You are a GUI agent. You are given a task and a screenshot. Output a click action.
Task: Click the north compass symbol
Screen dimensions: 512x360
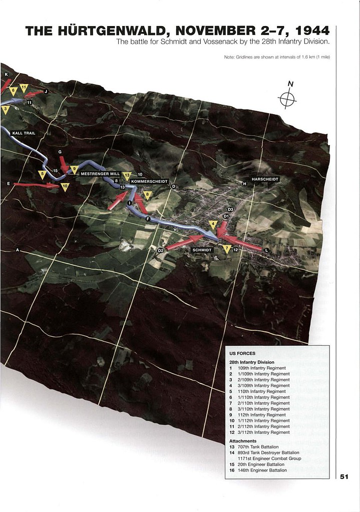[287, 99]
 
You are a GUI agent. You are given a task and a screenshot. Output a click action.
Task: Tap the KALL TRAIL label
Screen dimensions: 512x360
[23, 133]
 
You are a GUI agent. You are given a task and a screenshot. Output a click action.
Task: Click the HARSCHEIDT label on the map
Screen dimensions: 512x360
[265, 179]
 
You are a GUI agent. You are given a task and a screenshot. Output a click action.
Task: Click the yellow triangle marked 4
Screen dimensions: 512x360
[213, 224]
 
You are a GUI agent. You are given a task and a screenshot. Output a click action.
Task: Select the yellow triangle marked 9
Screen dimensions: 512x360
[74, 170]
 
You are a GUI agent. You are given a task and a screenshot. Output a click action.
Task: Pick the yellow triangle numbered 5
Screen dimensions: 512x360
[43, 175]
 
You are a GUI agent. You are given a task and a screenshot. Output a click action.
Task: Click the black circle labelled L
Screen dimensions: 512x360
[266, 250]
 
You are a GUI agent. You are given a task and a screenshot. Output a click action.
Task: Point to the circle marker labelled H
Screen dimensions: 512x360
[245, 184]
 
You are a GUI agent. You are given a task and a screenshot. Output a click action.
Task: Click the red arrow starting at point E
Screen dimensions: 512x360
[35, 185]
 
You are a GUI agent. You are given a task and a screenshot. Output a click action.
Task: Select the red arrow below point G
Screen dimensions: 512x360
[64, 163]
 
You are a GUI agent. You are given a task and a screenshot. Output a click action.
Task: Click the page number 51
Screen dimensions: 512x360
[344, 476]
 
